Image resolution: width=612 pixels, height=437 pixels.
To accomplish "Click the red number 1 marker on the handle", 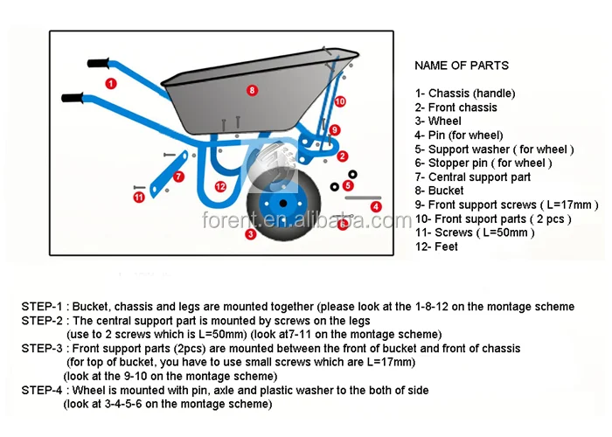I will coord(111,84).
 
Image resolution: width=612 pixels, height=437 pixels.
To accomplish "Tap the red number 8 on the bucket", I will coord(252,90).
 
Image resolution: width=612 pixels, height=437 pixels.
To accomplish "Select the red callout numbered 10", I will coord(340,102).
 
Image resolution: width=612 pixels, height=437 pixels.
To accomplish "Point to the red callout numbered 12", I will coord(220,186).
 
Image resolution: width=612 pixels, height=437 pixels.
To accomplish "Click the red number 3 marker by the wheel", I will coord(250,234).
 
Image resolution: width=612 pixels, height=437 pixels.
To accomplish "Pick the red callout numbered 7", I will coord(179,177).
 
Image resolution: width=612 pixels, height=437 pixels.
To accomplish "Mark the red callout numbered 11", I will coord(139,198).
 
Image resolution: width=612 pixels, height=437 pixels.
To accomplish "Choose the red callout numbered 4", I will coord(376,206).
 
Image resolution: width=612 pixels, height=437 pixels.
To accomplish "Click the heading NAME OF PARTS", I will coord(461,66).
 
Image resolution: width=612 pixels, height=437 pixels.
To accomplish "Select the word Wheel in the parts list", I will coord(445,121).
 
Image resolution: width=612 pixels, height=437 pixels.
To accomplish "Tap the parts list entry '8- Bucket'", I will coord(440,191).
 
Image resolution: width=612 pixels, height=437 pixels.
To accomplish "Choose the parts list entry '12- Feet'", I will coord(436,246).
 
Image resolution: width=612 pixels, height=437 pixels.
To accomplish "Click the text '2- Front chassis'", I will coord(456,108).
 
